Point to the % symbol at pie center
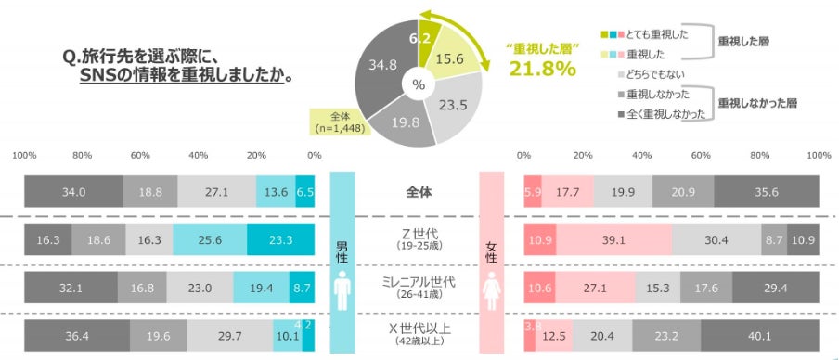click(419, 84)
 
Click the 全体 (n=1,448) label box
click(340, 122)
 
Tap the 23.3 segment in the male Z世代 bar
click(280, 239)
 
